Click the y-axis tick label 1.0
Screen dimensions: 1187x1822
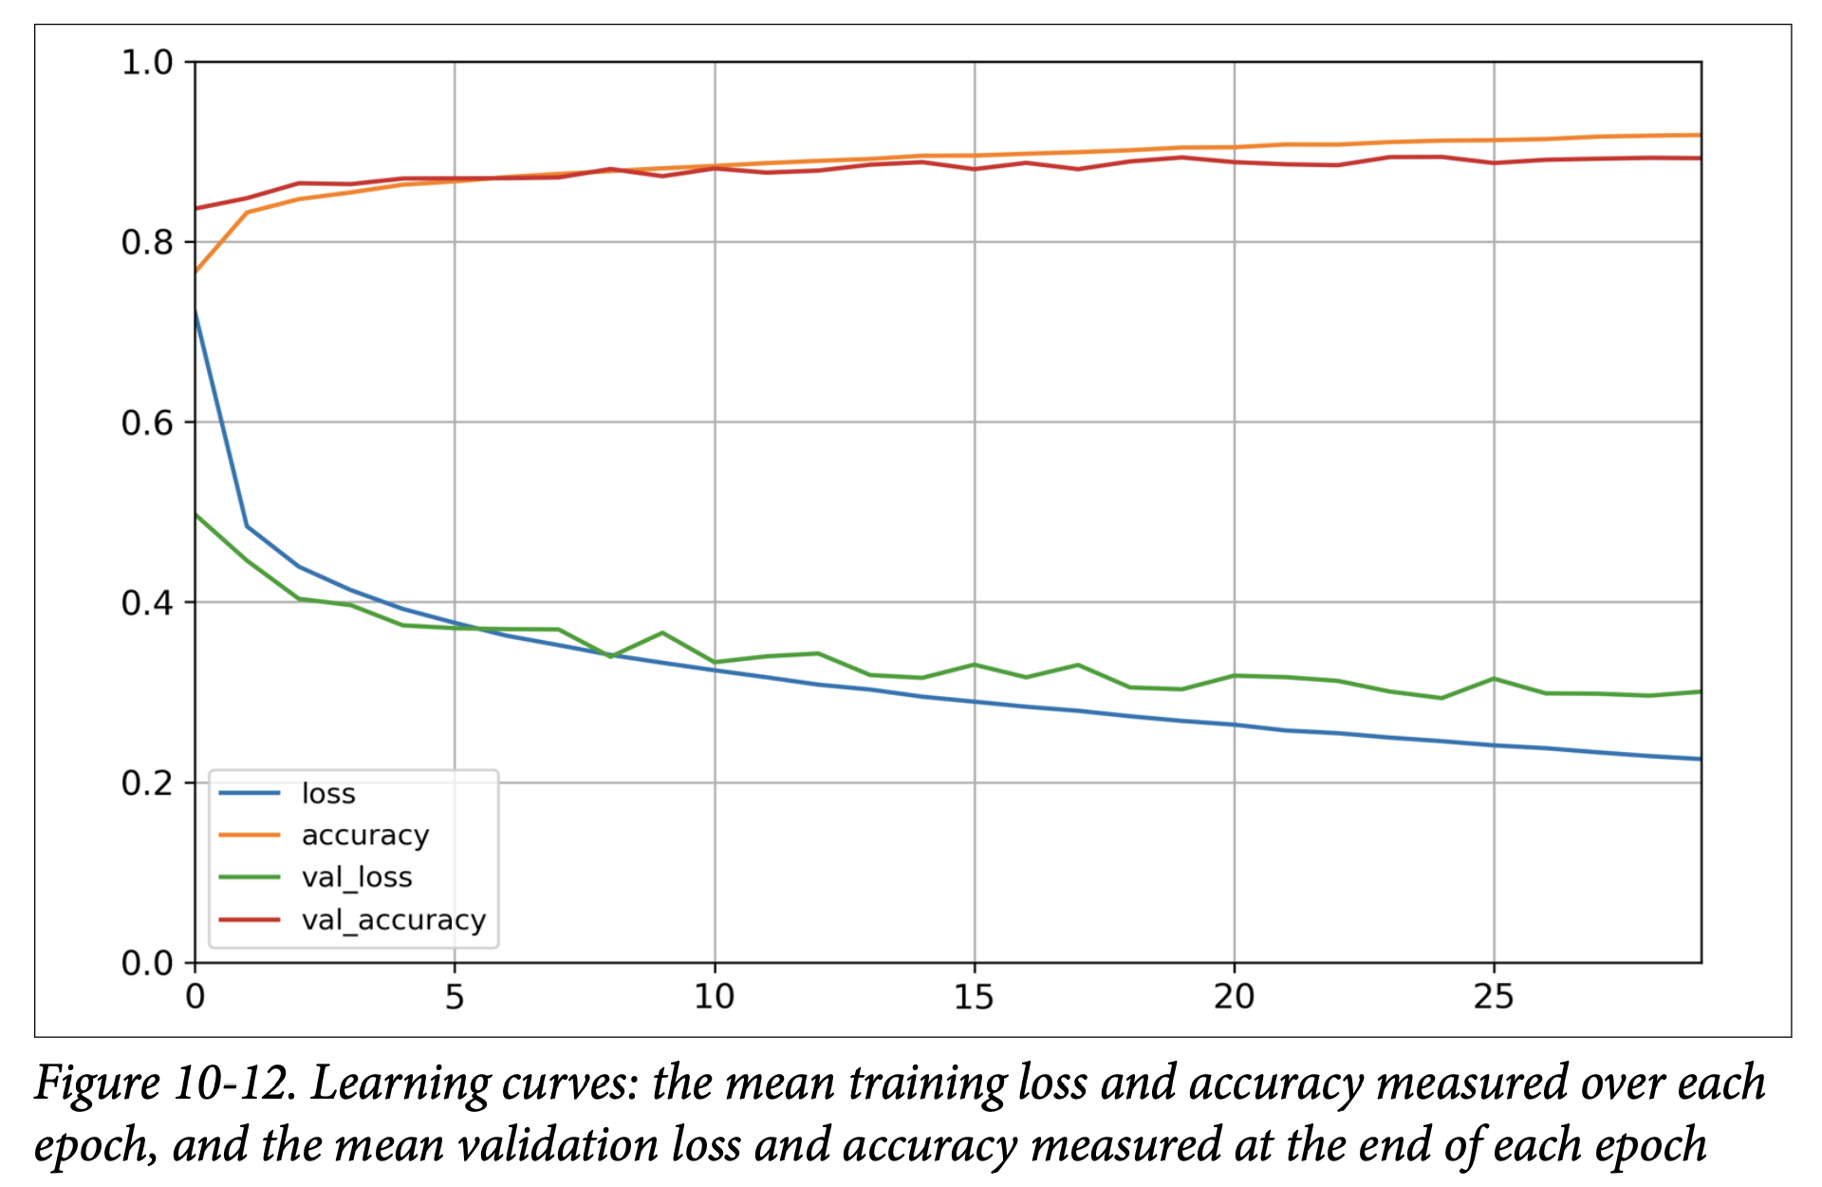[147, 63]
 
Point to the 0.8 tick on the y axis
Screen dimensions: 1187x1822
[147, 243]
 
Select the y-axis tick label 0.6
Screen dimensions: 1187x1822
[147, 423]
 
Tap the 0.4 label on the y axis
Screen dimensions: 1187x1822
[147, 603]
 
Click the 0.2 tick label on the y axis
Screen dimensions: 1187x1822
[147, 783]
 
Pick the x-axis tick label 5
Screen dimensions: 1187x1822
[455, 997]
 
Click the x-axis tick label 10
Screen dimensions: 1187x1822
[715, 997]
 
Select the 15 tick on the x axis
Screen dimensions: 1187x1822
[975, 997]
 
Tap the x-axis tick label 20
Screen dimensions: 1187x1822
[1235, 997]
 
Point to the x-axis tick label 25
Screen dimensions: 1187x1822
[1494, 997]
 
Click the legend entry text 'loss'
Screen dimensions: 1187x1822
[328, 794]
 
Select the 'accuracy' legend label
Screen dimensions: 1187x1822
[365, 836]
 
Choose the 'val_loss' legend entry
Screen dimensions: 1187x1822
[357, 877]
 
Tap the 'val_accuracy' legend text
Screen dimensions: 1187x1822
[393, 920]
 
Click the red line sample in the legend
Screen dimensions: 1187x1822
[250, 919]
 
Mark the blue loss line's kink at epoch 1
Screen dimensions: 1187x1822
[247, 526]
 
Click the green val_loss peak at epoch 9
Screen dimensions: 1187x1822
[662, 632]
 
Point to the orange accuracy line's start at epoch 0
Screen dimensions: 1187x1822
[195, 272]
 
